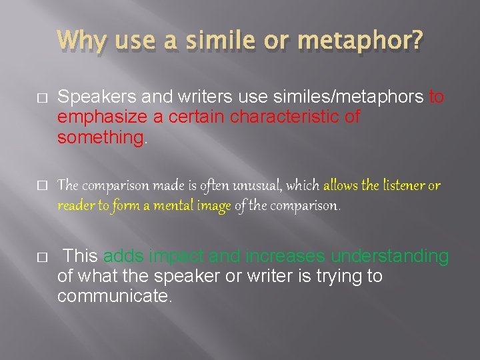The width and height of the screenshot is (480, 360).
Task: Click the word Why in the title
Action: click(79, 42)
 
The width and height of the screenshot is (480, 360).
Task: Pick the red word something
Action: click(100, 137)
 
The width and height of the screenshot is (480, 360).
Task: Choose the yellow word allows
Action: click(341, 186)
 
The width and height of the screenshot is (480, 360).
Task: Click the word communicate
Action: click(114, 296)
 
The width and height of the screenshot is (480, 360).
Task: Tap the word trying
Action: click(323, 276)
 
